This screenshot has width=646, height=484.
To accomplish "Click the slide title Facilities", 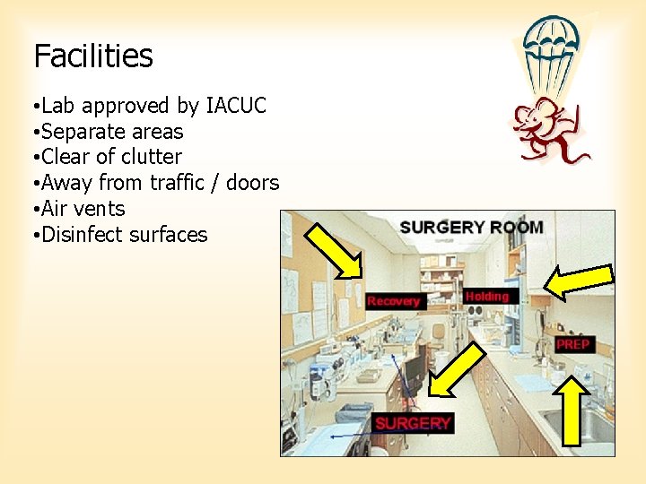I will pyautogui.click(x=93, y=56).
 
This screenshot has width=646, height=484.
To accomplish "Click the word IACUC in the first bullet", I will pyautogui.click(x=236, y=106).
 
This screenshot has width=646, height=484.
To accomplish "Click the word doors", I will pyautogui.click(x=252, y=183).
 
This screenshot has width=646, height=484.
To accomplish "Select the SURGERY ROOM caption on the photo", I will pyautogui.click(x=471, y=227).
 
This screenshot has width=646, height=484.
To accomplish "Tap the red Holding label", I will pyautogui.click(x=487, y=296).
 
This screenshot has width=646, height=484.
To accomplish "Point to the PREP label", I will pyautogui.click(x=572, y=344).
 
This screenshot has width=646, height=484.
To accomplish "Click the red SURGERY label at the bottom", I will pyautogui.click(x=413, y=423).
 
